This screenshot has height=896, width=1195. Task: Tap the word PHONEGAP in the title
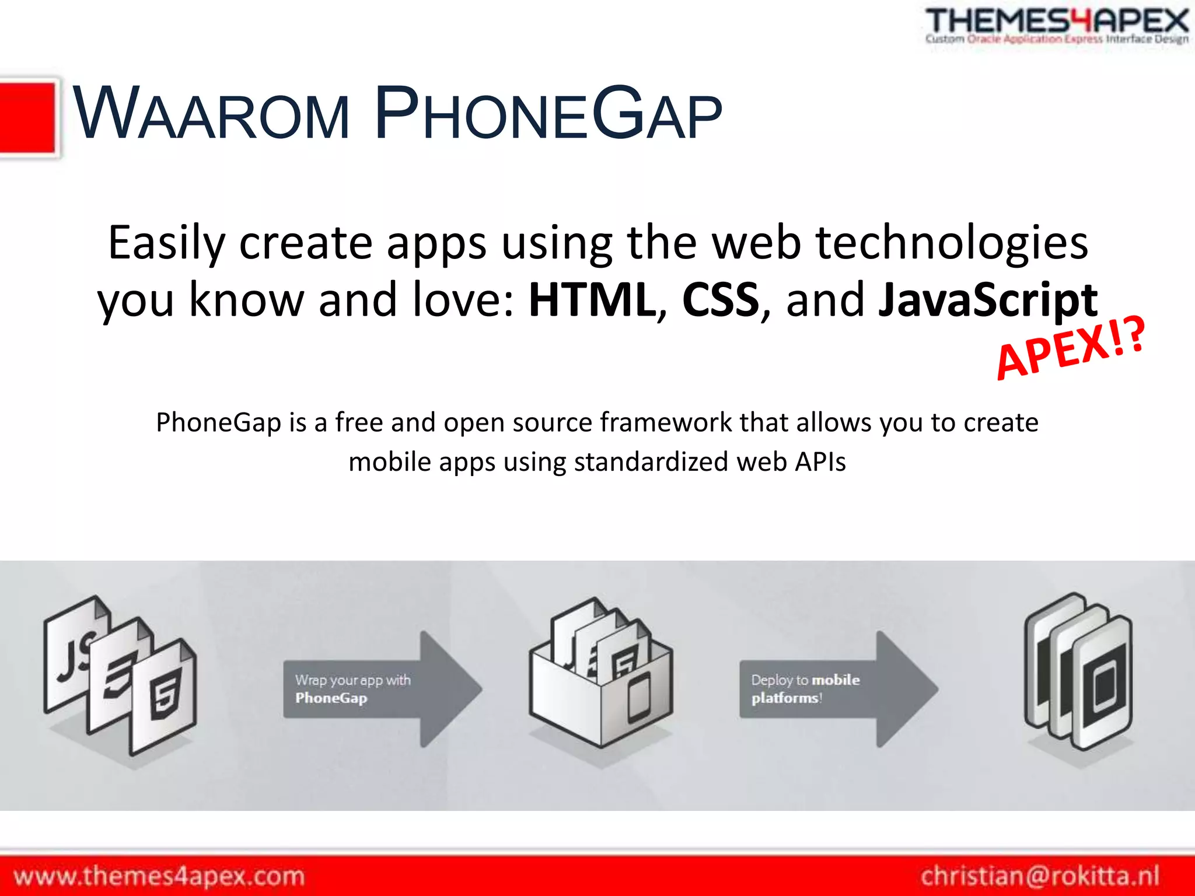point(548,113)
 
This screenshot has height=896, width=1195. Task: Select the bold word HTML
point(592,300)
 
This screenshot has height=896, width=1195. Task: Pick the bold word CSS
point(721,300)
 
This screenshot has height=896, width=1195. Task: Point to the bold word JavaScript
point(987,300)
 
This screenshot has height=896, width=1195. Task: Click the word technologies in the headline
point(951,243)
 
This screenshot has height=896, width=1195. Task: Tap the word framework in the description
point(666,422)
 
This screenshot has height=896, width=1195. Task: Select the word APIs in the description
point(820,462)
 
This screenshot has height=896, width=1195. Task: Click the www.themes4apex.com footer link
point(159,876)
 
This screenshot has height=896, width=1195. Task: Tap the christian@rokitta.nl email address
point(1040,876)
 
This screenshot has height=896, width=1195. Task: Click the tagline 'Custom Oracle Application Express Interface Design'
point(1056,40)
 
